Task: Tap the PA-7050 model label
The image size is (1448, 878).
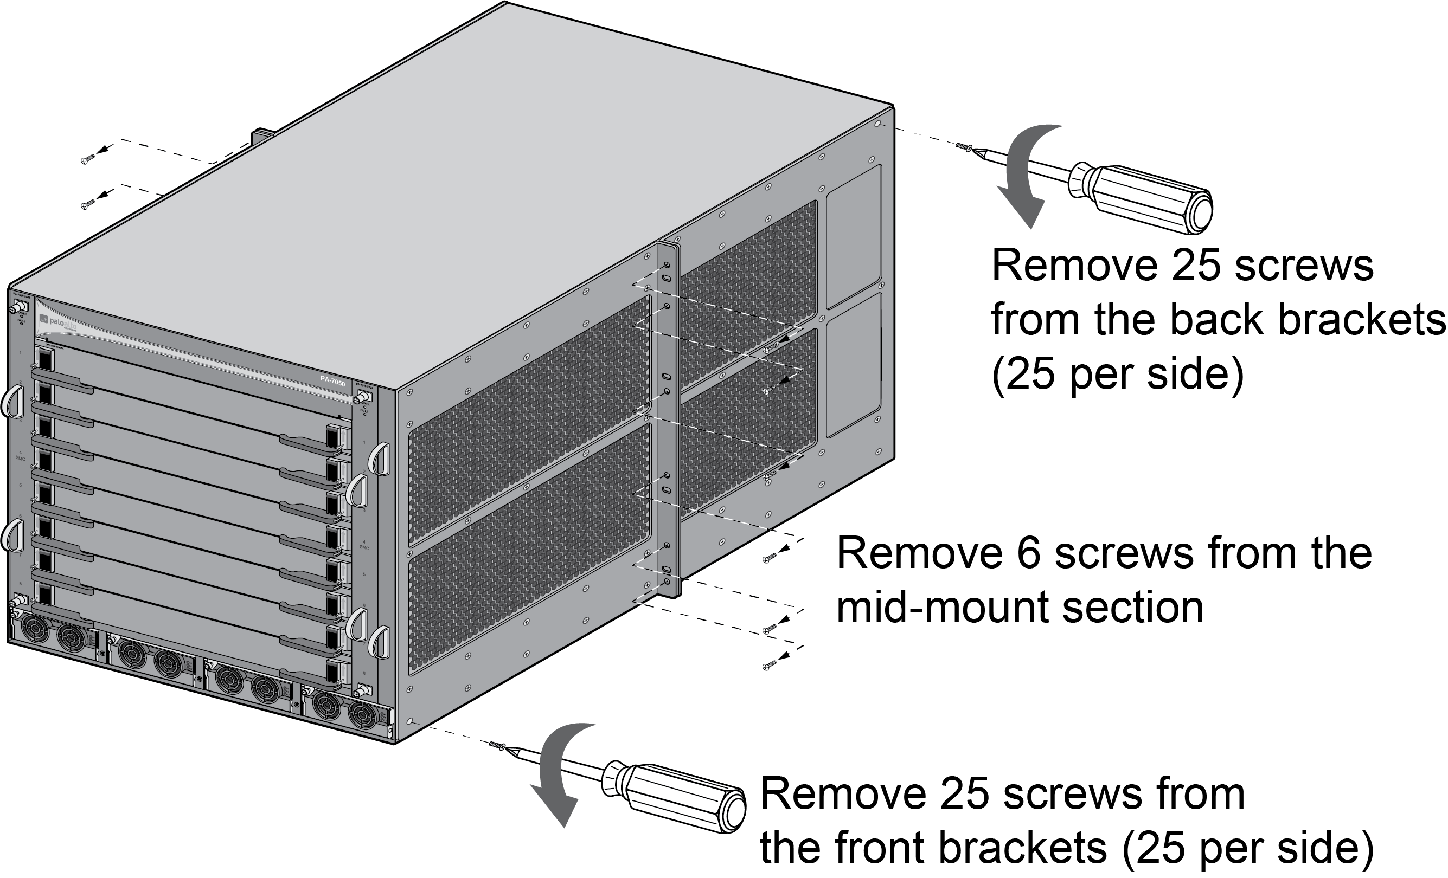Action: click(x=332, y=379)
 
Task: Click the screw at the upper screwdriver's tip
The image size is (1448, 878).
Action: click(x=964, y=147)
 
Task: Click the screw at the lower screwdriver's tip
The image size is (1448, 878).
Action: click(x=497, y=746)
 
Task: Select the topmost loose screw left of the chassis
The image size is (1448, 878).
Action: click(x=85, y=160)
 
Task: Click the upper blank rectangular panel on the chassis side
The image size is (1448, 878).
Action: click(x=853, y=237)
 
